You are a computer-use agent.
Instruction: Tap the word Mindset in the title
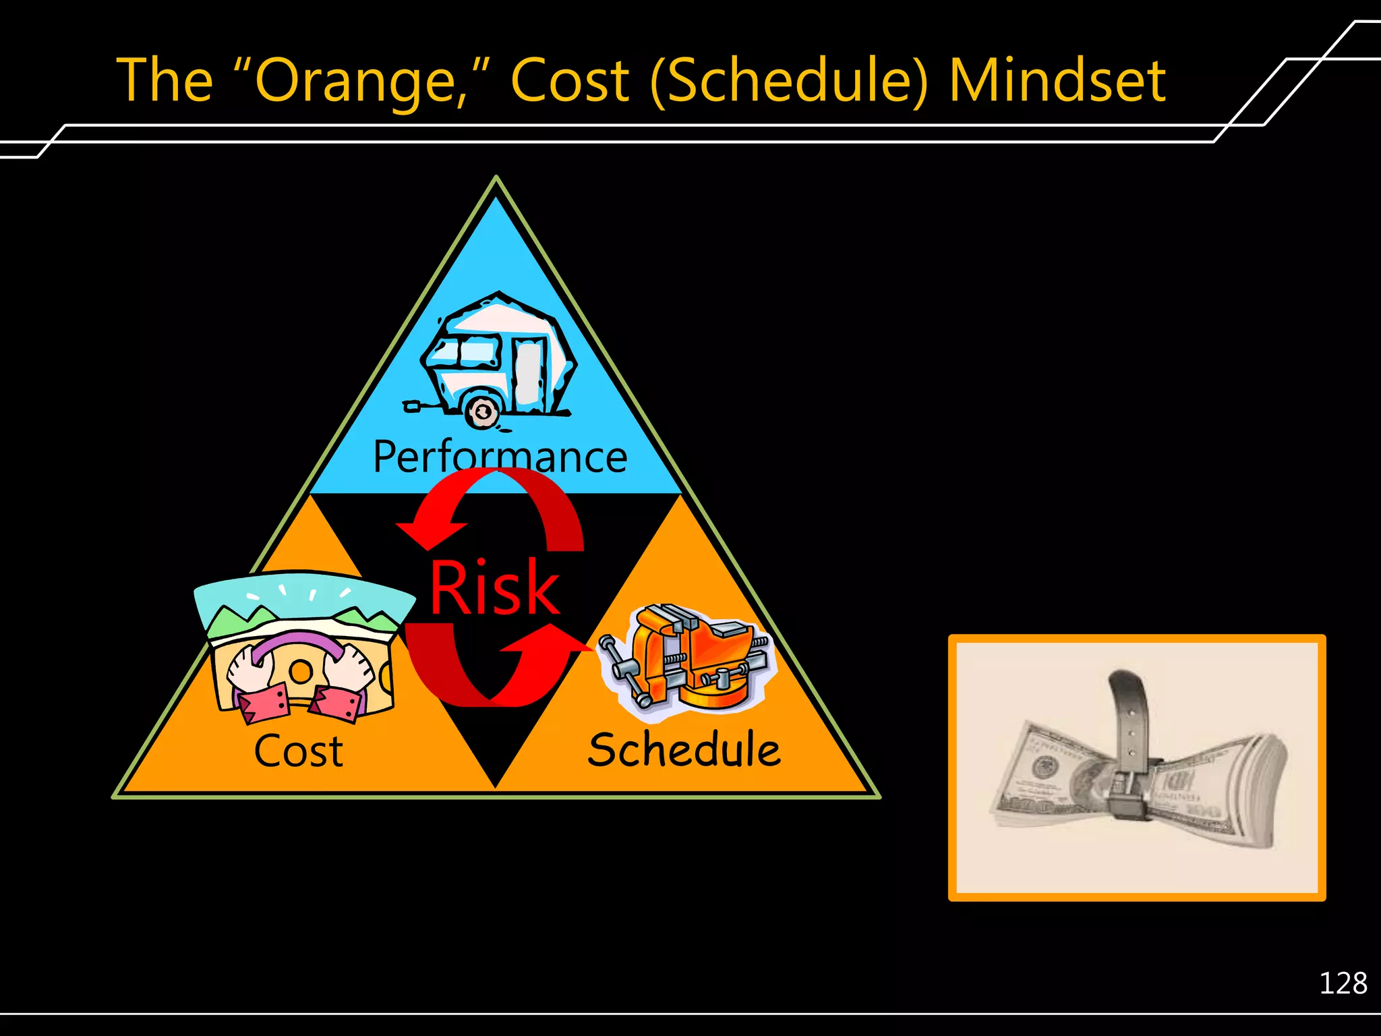(x=1057, y=81)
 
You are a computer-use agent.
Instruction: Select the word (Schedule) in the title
(x=789, y=81)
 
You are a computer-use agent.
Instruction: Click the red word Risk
(x=494, y=588)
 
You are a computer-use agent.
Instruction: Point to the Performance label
(x=500, y=457)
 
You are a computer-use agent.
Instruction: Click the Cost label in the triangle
(x=298, y=751)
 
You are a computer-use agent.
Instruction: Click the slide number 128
(x=1343, y=983)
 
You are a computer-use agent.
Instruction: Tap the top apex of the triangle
(x=496, y=179)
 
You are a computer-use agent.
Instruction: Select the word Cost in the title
(x=570, y=81)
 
